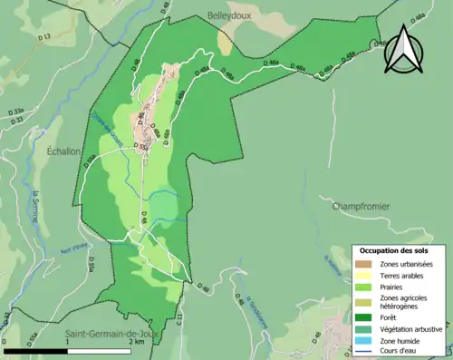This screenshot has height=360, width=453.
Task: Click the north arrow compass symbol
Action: (x=402, y=50)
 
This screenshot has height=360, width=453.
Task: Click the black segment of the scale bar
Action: (x=36, y=350)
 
